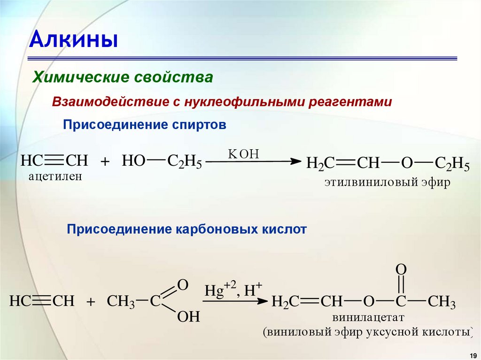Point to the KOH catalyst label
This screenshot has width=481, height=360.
pyautogui.click(x=243, y=154)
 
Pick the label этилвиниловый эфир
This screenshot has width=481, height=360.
pyautogui.click(x=387, y=183)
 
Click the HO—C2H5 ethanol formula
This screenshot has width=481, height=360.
pyautogui.click(x=162, y=162)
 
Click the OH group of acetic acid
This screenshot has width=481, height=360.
pyautogui.click(x=188, y=317)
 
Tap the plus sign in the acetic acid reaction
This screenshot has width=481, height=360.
pyautogui.click(x=91, y=302)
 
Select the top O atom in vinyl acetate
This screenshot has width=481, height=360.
pyautogui.click(x=401, y=269)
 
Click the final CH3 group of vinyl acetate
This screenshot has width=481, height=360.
pyautogui.click(x=442, y=302)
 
